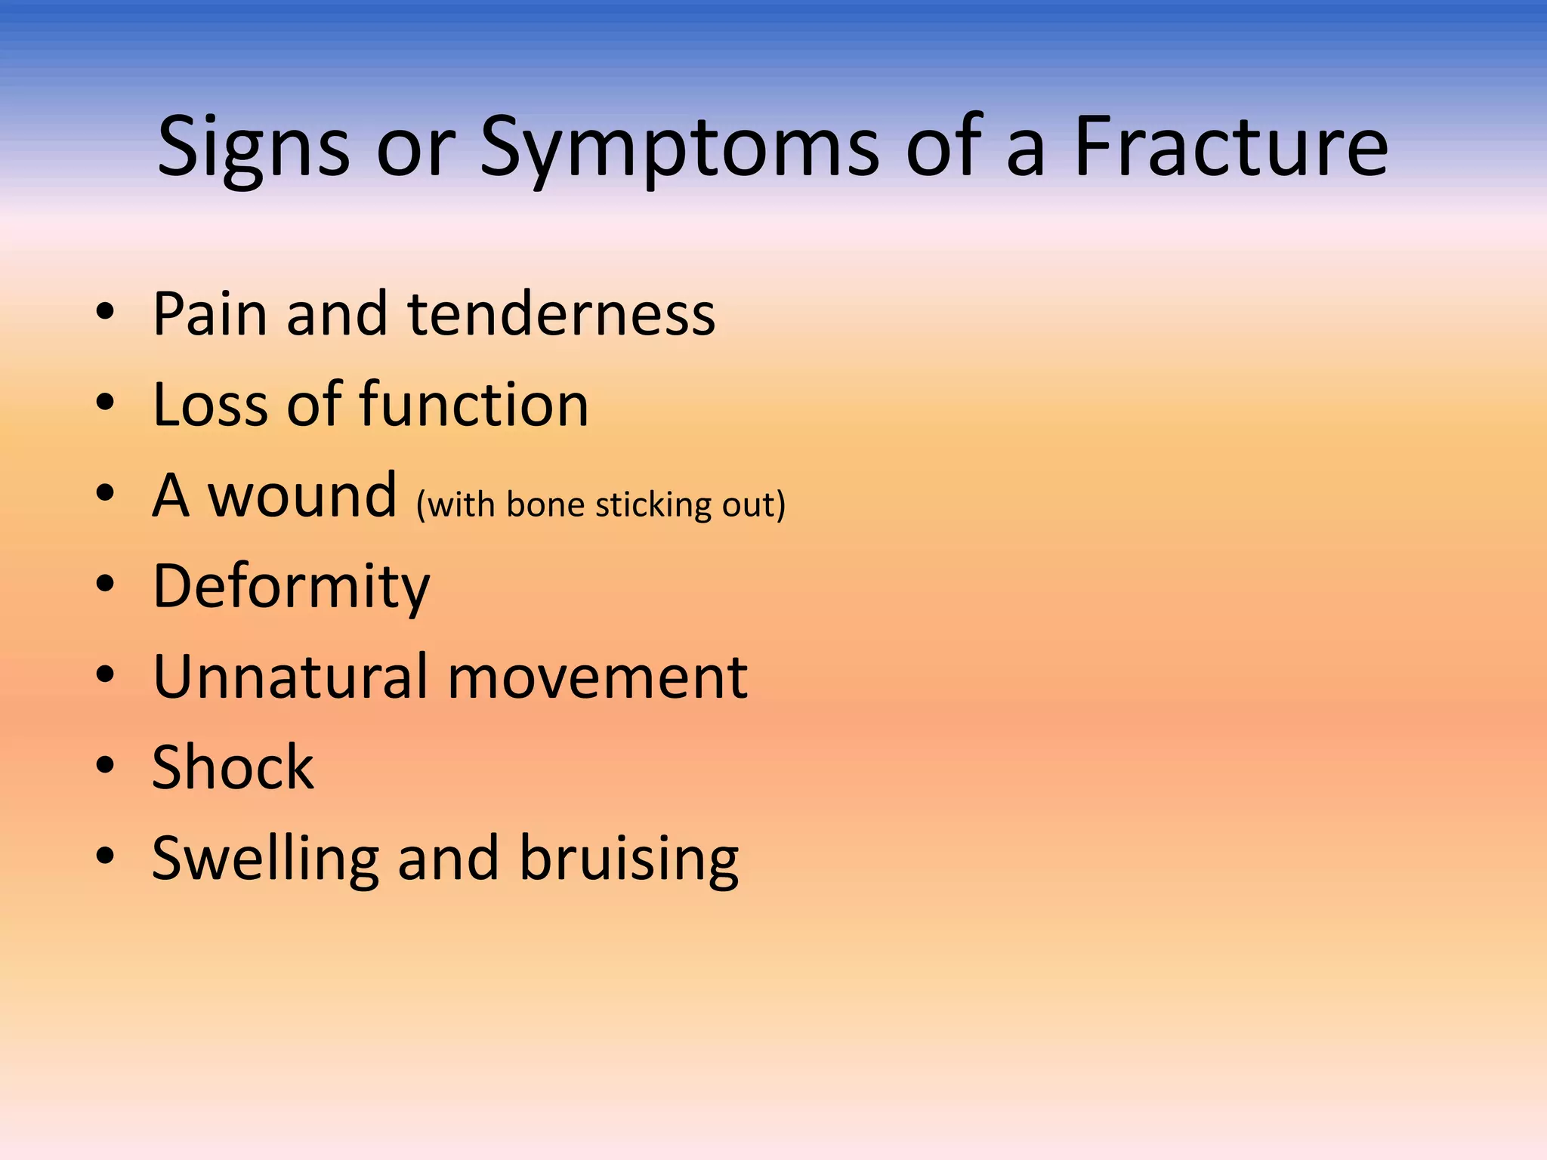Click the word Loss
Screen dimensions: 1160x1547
(209, 405)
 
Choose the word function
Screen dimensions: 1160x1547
(474, 405)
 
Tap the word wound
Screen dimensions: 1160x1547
(301, 495)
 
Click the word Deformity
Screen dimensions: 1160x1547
(291, 587)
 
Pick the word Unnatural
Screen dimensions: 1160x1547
(290, 677)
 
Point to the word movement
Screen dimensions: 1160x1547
(597, 677)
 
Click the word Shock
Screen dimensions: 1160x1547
(233, 767)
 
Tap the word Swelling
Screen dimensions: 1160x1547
(265, 859)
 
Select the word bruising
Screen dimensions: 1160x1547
(628, 859)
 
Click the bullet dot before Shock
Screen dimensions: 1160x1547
(105, 765)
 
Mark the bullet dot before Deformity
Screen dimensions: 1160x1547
(105, 584)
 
